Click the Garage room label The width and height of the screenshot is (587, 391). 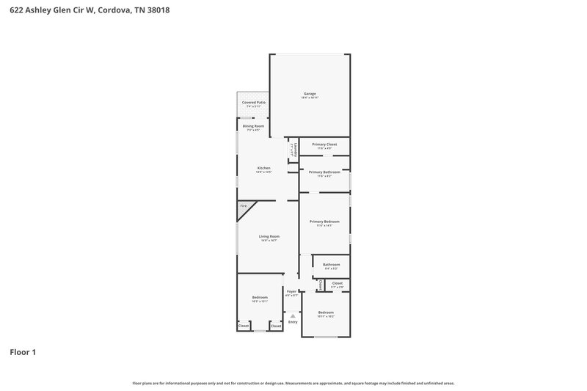[310, 94]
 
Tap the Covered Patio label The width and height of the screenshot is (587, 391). [254, 103]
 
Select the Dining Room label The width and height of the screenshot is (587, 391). [254, 126]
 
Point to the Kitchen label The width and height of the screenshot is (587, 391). [263, 168]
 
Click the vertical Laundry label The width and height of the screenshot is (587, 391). [293, 149]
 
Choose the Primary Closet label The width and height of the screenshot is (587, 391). [324, 145]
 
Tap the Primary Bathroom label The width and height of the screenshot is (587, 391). [324, 172]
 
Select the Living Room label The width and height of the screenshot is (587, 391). [269, 236]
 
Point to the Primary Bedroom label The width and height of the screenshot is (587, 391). [324, 222]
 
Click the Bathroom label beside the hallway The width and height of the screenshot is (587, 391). [332, 264]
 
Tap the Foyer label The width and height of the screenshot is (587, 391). [291, 291]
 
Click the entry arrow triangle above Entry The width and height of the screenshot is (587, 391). [293, 315]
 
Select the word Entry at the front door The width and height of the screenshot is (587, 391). [293, 322]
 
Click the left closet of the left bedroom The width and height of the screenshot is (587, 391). [243, 326]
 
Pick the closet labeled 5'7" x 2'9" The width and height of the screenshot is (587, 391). [337, 283]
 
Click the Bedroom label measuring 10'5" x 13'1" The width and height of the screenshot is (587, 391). [260, 297]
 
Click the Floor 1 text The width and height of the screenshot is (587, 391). [23, 352]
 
